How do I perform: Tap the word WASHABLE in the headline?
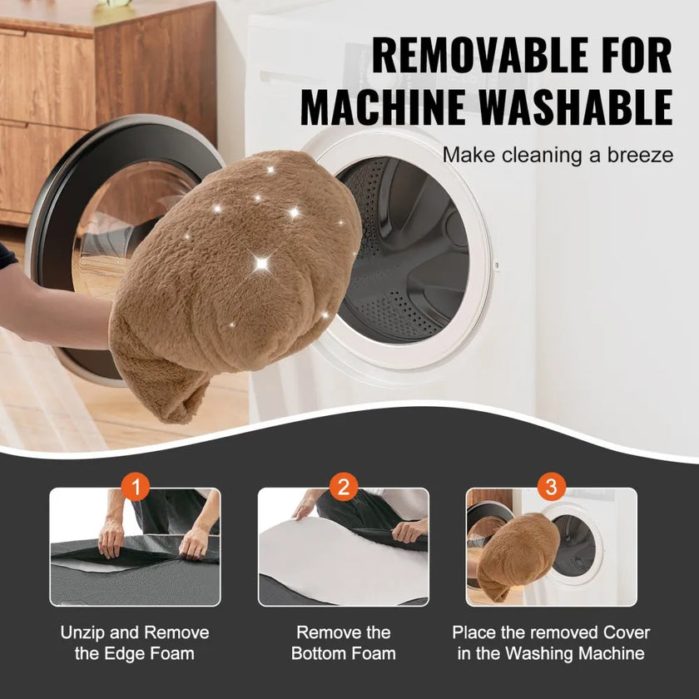576,107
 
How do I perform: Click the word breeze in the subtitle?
640,155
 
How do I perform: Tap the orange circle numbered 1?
135,486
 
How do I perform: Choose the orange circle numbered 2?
343,486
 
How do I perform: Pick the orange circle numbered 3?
552,486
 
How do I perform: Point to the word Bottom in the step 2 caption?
320,653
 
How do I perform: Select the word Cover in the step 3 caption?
627,632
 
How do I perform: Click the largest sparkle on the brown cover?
261,264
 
